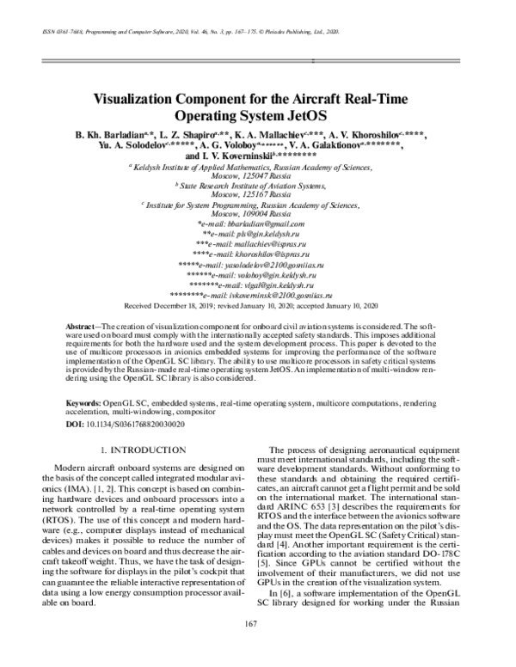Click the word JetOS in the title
(x=306, y=114)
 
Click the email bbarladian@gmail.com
(x=265, y=223)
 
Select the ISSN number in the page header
(x=53, y=30)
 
